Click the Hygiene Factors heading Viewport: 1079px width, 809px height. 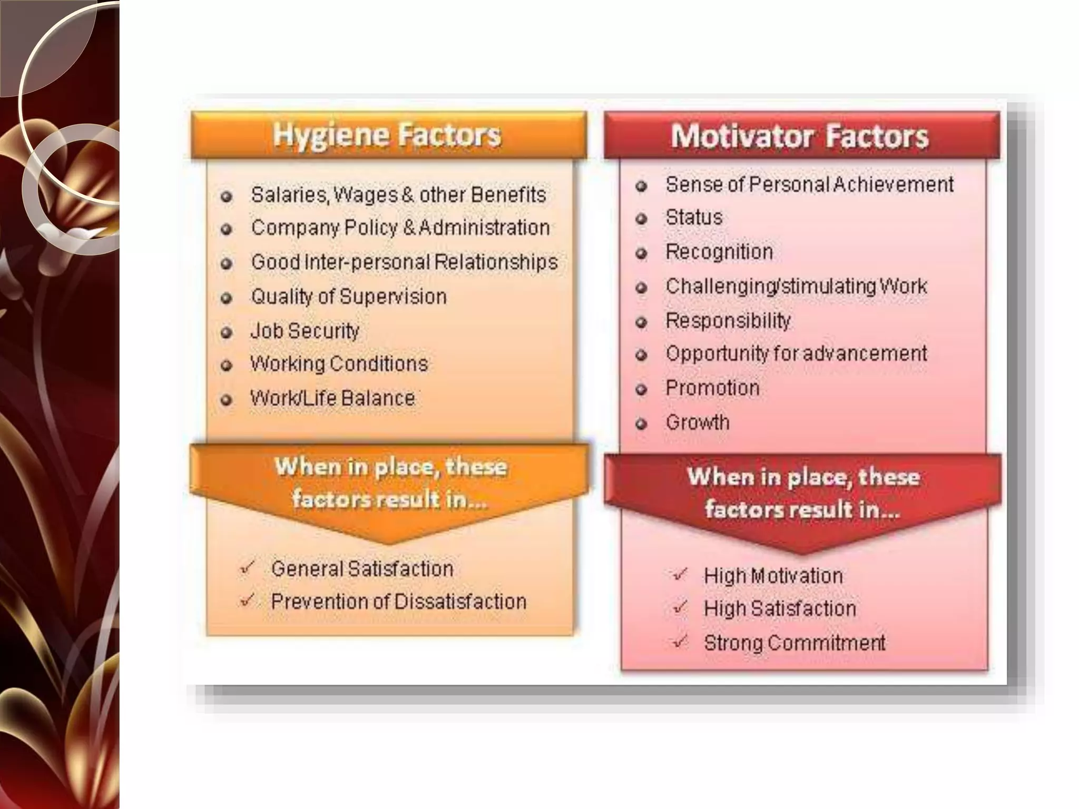click(x=387, y=135)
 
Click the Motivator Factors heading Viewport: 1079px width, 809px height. click(x=800, y=136)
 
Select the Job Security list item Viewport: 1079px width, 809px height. click(x=305, y=331)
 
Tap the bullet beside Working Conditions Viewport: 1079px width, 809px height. click(x=227, y=365)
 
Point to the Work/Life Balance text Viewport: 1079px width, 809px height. click(x=332, y=398)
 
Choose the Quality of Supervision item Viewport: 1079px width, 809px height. click(x=349, y=297)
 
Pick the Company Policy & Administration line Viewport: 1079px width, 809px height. click(x=400, y=228)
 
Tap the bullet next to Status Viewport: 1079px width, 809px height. click(x=641, y=219)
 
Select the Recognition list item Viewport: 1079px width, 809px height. click(x=719, y=252)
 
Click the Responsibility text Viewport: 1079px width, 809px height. click(x=728, y=320)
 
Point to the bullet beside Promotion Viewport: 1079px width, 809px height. click(x=641, y=390)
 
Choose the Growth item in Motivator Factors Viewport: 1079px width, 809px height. click(x=698, y=422)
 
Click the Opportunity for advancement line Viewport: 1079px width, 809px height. click(x=796, y=353)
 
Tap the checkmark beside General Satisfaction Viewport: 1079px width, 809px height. click(x=247, y=568)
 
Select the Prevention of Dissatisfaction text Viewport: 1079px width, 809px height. click(x=399, y=601)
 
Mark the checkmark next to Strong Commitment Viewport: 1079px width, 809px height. click(x=681, y=642)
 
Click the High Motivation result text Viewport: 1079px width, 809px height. click(x=773, y=576)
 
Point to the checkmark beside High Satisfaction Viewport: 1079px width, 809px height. click(x=681, y=607)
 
